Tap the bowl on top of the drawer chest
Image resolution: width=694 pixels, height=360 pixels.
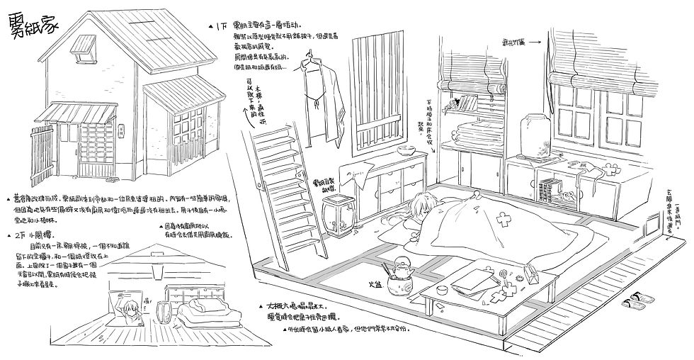(x=406, y=151)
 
